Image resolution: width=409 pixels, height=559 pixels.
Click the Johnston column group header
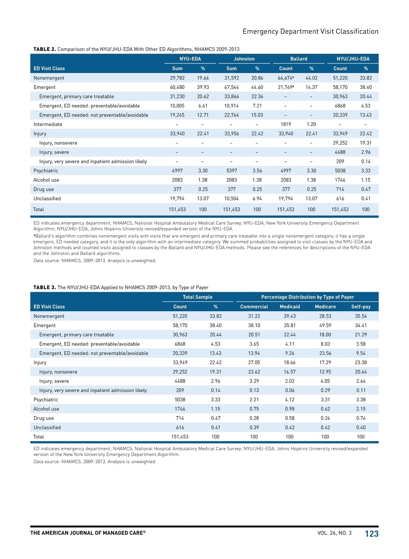pyautogui.click(x=244, y=59)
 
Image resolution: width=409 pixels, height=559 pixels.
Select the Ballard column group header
pyautogui.click(x=299, y=59)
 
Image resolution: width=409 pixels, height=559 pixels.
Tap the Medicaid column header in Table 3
pyautogui.click(x=290, y=306)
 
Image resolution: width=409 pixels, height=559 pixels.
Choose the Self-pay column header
pyautogui.click(x=361, y=306)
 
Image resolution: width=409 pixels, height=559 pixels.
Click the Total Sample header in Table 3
pyautogui.click(x=197, y=297)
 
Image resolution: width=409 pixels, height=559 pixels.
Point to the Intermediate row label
pyautogui.click(x=48, y=124)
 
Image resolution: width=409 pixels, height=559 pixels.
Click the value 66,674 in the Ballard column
pyautogui.click(x=285, y=78)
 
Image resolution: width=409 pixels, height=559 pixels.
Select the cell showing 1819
pyautogui.click(x=286, y=124)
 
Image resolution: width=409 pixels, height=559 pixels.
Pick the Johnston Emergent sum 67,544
pyautogui.click(x=231, y=87)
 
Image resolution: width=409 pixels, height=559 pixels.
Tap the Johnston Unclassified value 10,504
pyautogui.click(x=231, y=198)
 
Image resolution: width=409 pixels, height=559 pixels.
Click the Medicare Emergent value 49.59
pyautogui.click(x=325, y=325)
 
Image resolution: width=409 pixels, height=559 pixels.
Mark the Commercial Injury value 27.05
pyautogui.click(x=254, y=362)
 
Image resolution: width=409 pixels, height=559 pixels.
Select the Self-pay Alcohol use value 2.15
pyautogui.click(x=361, y=409)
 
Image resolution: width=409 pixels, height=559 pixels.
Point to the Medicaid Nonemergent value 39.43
pyautogui.click(x=290, y=316)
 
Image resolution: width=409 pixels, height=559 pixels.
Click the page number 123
pyautogui.click(x=372, y=534)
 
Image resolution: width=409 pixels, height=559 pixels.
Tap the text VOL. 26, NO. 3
pyautogui.click(x=334, y=533)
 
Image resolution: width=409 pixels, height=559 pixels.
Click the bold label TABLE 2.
pyautogui.click(x=45, y=49)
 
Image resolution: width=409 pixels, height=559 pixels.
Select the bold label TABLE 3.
pyautogui.click(x=45, y=287)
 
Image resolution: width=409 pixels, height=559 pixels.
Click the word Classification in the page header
pyautogui.click(x=357, y=31)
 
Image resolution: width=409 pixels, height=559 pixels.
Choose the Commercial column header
pyautogui.click(x=254, y=306)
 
